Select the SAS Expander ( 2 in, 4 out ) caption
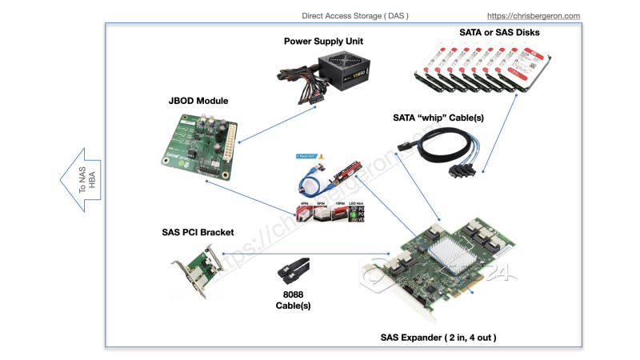pyautogui.click(x=438, y=337)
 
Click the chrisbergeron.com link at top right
pyautogui.click(x=534, y=15)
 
